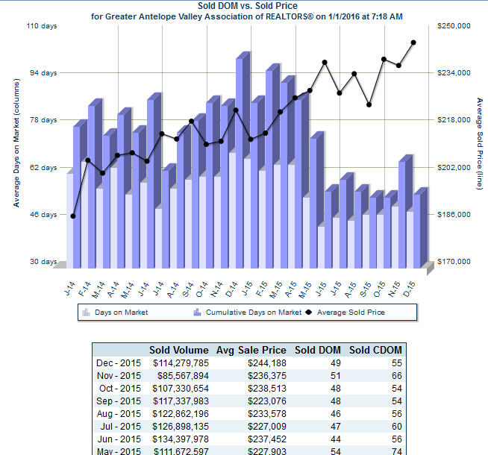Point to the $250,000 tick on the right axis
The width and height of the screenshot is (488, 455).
[x=453, y=26]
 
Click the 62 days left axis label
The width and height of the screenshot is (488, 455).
[x=44, y=168]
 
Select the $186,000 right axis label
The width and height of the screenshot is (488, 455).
[x=453, y=215]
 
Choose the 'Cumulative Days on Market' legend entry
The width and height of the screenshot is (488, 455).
[x=253, y=313]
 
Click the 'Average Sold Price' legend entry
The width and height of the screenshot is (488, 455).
[x=351, y=313]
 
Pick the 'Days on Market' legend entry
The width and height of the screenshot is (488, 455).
[x=121, y=313]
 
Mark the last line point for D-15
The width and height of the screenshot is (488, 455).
[x=413, y=43]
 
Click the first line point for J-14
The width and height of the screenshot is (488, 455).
[x=73, y=216]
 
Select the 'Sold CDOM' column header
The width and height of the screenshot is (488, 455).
[x=375, y=350]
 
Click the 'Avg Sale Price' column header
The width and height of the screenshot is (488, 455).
[x=251, y=350]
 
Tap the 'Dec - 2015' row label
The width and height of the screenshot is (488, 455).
[x=119, y=363]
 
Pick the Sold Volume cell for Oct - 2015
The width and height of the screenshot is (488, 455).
[x=180, y=389]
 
